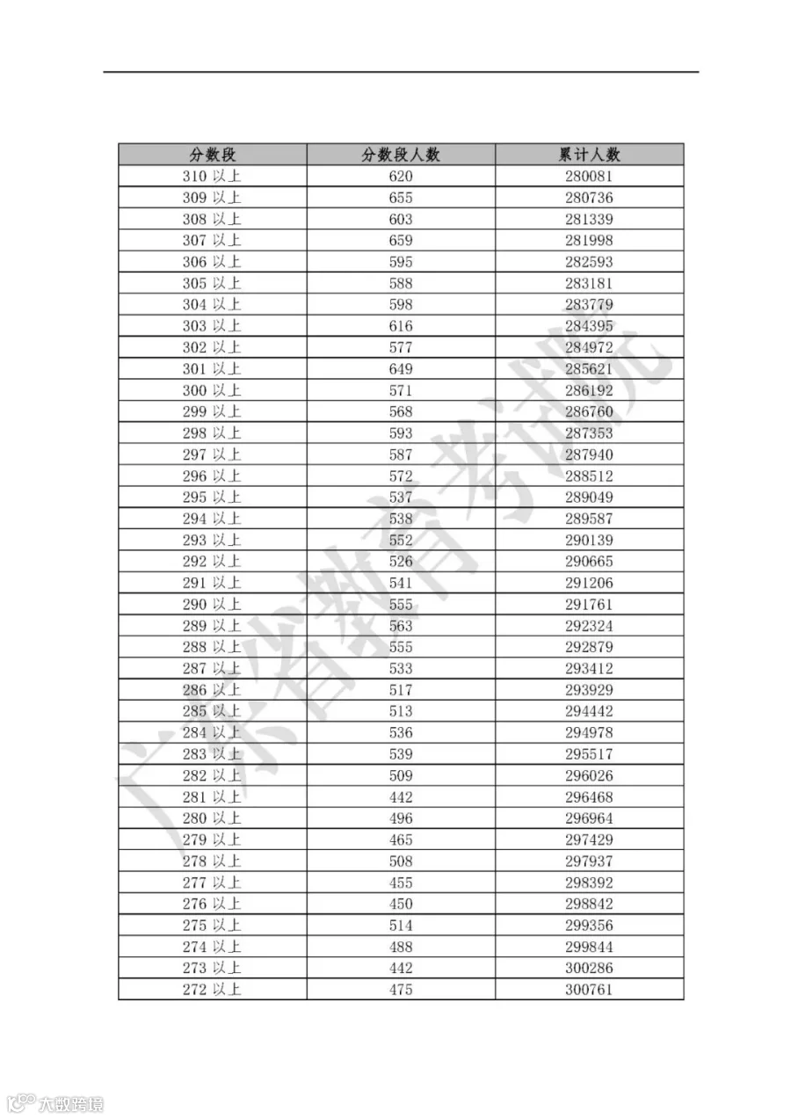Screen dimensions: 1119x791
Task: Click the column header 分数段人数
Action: (401, 155)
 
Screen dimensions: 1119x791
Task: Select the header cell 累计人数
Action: (589, 155)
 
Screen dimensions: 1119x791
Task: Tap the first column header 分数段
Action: (213, 155)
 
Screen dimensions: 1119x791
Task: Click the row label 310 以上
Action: (212, 177)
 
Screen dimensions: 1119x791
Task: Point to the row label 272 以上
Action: (212, 990)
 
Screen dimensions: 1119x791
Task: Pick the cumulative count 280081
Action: (589, 177)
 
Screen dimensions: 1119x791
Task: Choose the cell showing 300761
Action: (589, 990)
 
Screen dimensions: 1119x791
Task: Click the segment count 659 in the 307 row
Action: (401, 241)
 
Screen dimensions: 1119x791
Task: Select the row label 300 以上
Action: (212, 390)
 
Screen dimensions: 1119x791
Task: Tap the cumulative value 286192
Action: (589, 390)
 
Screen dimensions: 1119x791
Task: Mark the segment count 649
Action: (401, 369)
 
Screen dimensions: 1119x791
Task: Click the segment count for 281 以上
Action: (401, 797)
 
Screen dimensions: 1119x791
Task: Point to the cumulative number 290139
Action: (589, 541)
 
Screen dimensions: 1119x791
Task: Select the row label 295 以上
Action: (212, 498)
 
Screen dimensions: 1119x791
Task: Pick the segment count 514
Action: (401, 926)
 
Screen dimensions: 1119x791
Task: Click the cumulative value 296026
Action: (589, 776)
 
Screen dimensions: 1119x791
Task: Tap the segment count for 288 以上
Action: (401, 648)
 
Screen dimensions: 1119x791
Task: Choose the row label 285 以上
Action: (212, 712)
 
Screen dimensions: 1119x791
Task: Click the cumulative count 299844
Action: (589, 947)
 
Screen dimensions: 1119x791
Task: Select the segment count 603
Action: (401, 220)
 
